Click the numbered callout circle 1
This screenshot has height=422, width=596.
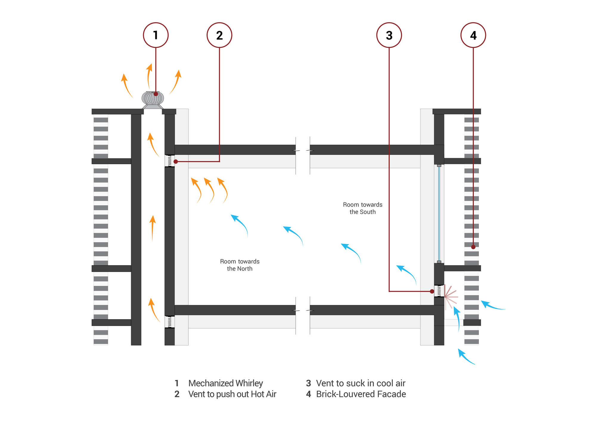click(156, 35)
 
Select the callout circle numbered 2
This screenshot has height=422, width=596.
click(219, 35)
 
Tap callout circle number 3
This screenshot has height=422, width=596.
click(389, 35)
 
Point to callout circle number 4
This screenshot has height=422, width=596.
click(473, 35)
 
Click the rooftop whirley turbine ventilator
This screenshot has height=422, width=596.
click(153, 98)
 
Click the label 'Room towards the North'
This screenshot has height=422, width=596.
click(240, 265)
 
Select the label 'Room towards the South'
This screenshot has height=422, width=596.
click(362, 208)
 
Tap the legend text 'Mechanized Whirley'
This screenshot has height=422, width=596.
click(226, 383)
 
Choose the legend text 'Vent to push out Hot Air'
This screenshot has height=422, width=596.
click(232, 394)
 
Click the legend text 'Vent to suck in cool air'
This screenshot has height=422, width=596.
click(361, 383)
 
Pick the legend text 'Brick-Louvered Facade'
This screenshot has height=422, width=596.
click(361, 394)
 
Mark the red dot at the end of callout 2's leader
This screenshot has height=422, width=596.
click(176, 161)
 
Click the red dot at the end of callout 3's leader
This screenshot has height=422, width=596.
click(432, 291)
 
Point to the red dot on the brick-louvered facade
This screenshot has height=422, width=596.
click(473, 247)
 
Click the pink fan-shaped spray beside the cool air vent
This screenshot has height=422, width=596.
click(451, 297)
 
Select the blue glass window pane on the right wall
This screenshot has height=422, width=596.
click(439, 213)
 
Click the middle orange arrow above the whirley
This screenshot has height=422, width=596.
click(149, 76)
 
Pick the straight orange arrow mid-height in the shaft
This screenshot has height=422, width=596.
click(153, 228)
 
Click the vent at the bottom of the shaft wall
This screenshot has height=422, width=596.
click(170, 322)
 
